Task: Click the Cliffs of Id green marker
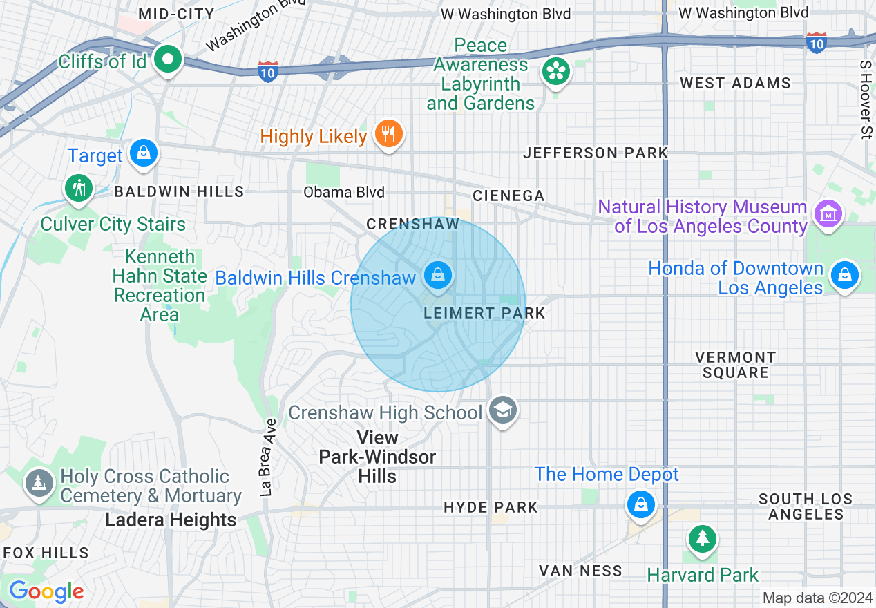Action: coord(167,59)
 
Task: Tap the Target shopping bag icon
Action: coord(143,153)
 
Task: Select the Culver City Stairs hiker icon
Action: coord(78,188)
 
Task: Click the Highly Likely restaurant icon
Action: coord(388,133)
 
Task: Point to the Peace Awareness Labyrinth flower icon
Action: coord(555,71)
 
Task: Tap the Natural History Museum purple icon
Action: coord(828,213)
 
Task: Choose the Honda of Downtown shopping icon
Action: coord(844,276)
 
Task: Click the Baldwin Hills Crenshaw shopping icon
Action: coord(437,276)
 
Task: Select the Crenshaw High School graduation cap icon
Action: coord(502,411)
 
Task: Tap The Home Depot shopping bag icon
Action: coord(641,504)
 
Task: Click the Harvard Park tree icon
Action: coord(702,538)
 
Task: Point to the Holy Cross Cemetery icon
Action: coord(39,483)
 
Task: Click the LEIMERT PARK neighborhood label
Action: coord(484,313)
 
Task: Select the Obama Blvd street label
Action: coord(344,192)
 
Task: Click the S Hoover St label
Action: coord(865,99)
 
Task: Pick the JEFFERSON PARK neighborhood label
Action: coord(596,153)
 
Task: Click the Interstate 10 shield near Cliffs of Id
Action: coord(269,70)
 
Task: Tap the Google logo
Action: coord(46,591)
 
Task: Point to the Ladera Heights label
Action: coord(171,520)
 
